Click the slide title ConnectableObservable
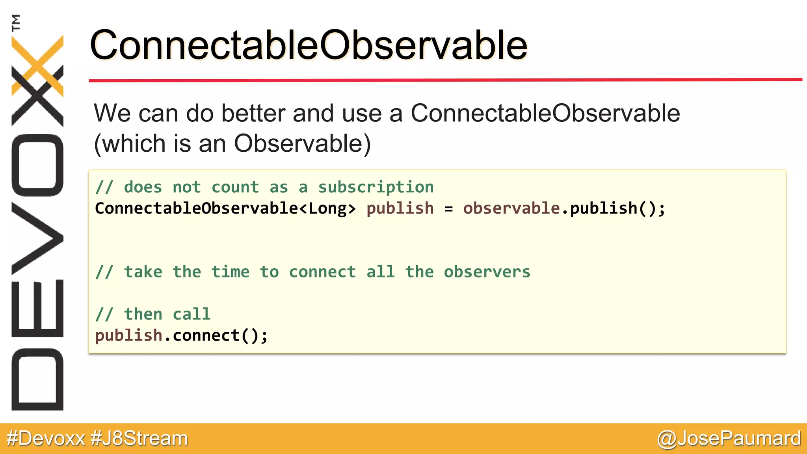coord(308,45)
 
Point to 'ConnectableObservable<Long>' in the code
coord(225,208)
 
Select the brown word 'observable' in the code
coord(511,208)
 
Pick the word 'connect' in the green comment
coord(322,272)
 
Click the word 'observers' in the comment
coord(487,272)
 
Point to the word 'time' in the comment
coord(230,272)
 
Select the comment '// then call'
coord(153,314)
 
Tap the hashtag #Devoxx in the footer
coord(46,439)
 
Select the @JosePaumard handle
coord(729,439)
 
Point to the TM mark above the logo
coord(16,22)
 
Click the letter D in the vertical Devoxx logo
coord(37,380)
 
